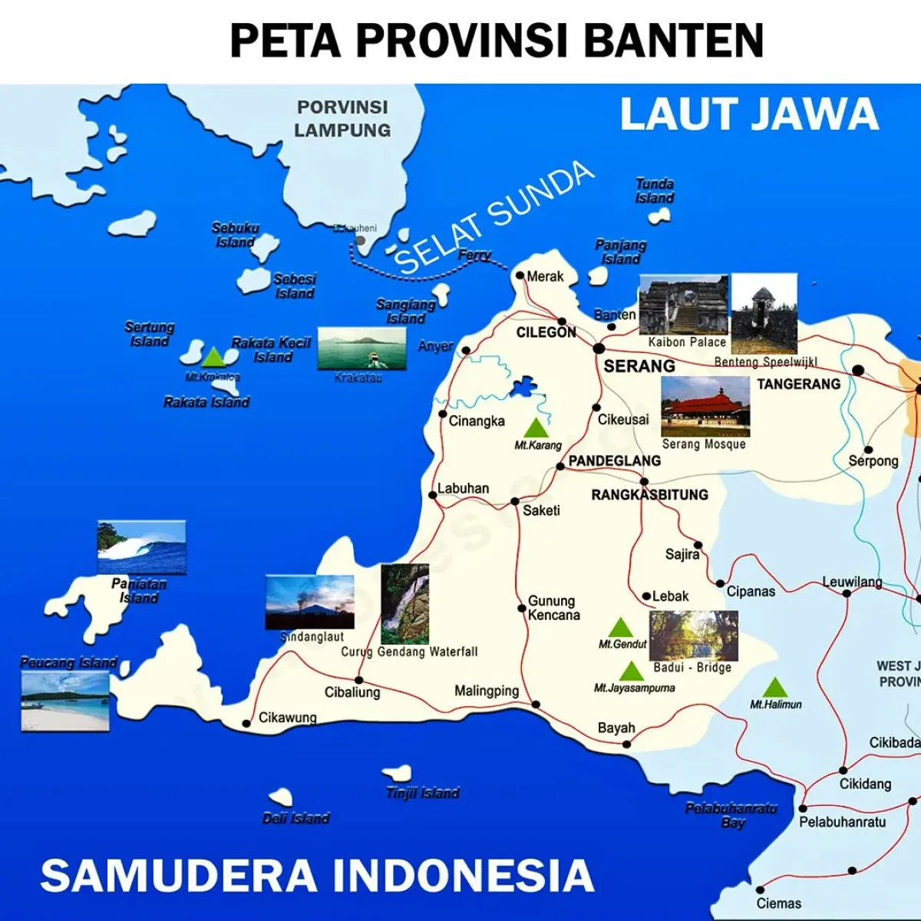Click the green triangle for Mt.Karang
coord(536,427)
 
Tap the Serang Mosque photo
coord(705,406)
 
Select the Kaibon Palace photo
coord(683,305)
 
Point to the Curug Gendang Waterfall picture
coord(404,604)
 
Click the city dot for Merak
coord(520,276)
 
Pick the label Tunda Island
coord(655,191)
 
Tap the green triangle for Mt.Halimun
coord(774,687)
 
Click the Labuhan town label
coord(463,488)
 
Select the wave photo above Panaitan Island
coord(141,546)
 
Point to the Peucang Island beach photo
coord(65,700)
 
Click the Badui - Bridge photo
coord(693,635)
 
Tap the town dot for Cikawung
coord(246,723)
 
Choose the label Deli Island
coord(295,819)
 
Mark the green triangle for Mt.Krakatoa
coord(213,357)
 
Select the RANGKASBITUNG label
coord(649,495)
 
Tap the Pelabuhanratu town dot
coord(803,808)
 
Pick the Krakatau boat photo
coord(361,349)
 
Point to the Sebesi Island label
coord(295,286)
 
